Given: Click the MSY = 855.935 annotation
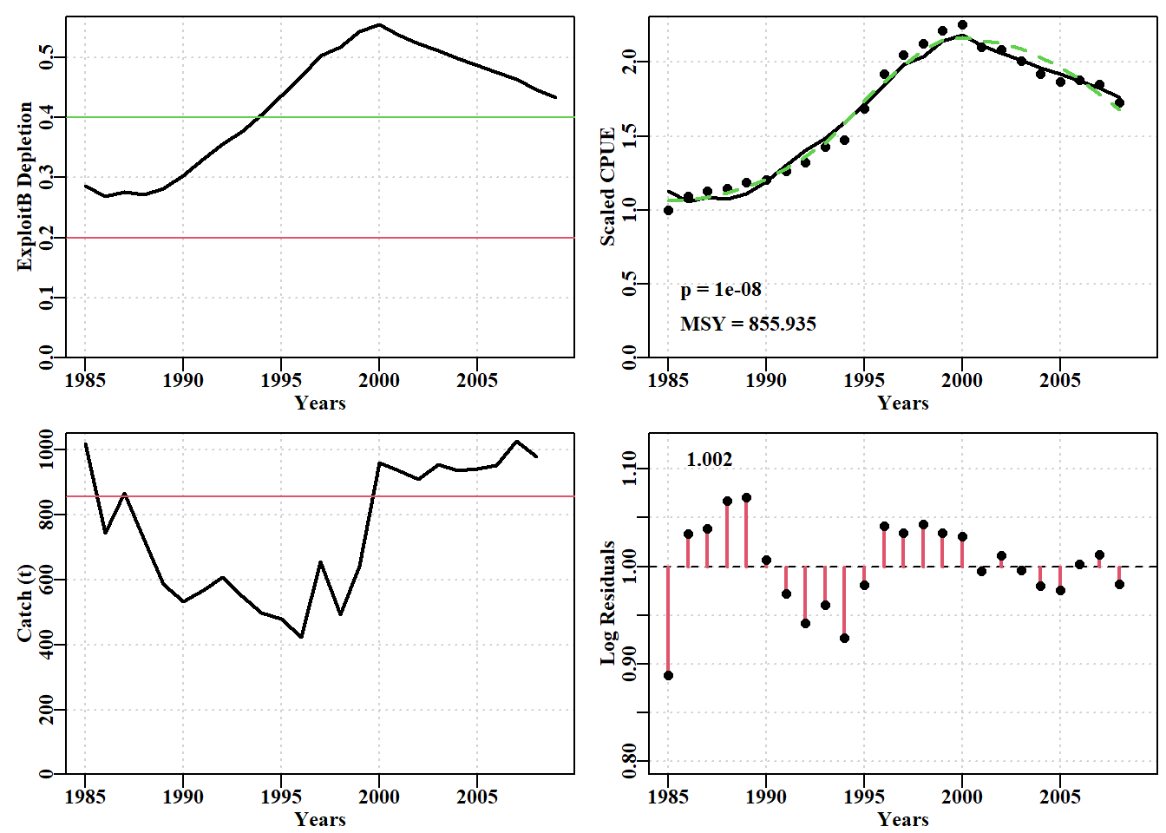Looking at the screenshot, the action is tap(748, 325).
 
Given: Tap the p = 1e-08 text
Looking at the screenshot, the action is tap(721, 290).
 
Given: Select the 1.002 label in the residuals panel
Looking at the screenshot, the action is tap(709, 459).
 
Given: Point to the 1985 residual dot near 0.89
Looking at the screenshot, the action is tap(668, 675).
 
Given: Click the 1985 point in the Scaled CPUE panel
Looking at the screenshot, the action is tap(668, 210).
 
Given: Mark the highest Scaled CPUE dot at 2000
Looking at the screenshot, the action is tap(962, 24).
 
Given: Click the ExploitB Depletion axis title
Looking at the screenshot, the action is tap(24, 187).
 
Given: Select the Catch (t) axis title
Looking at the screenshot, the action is tap(24, 603).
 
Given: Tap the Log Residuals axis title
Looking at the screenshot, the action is tap(607, 603).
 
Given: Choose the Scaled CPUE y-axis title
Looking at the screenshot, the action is tap(607, 187).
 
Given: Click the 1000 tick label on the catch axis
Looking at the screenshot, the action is tap(46, 449).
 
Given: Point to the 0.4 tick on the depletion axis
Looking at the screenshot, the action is tap(46, 117).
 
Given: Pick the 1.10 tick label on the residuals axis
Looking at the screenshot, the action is tap(629, 469).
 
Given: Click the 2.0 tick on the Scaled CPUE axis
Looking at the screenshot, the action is tap(629, 62).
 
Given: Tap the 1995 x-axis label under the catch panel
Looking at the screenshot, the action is tap(281, 797).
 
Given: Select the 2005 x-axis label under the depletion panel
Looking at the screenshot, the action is tap(477, 381).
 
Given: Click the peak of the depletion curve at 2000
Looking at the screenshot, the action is tap(379, 24).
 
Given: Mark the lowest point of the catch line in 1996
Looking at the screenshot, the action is tap(301, 637).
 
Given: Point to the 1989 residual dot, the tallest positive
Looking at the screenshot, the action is tap(746, 498).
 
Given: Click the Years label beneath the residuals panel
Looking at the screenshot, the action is tap(903, 819).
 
